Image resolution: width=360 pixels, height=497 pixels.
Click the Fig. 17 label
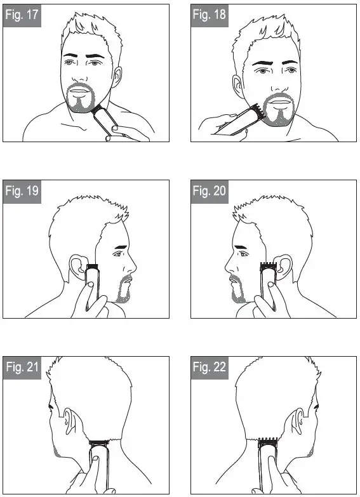coord(23,15)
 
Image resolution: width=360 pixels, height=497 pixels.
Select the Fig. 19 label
coord(23,191)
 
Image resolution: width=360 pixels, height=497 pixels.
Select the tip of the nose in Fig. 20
coord(225,265)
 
